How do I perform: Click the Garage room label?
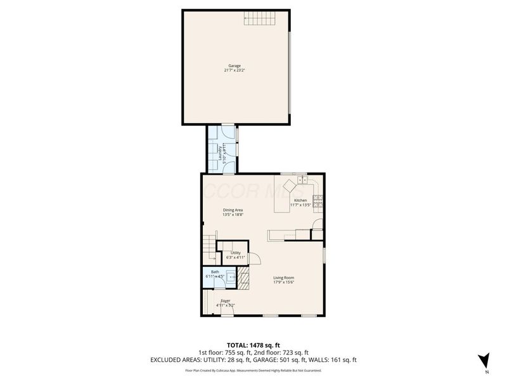[235, 65]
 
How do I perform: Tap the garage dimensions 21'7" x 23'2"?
[235, 70]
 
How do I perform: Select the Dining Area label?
[233, 210]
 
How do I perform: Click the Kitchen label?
[300, 200]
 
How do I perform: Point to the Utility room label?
[235, 252]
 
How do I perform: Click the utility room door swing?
[255, 258]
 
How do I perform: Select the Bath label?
[215, 272]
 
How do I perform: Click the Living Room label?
[283, 277]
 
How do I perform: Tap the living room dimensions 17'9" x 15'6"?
[283, 283]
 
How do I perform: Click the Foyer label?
[225, 300]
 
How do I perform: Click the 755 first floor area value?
[235, 352]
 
